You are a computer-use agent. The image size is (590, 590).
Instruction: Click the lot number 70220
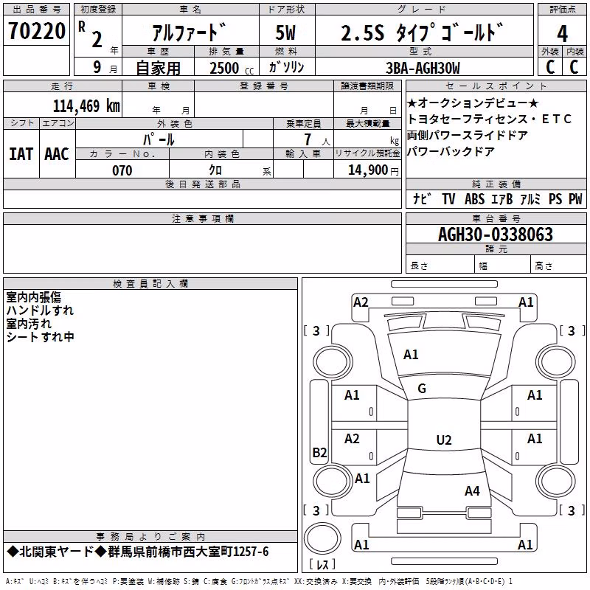37,31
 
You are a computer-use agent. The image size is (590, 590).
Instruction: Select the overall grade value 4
562,34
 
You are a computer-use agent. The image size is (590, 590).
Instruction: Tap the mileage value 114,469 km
86,106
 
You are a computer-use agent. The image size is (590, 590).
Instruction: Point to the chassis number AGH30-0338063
496,235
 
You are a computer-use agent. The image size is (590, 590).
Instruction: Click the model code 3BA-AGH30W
423,68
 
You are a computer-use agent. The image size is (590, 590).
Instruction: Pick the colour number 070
122,170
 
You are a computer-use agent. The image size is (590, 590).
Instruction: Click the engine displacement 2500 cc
232,68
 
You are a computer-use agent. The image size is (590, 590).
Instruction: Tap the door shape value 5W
285,32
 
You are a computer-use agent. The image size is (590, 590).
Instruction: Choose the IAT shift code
21,154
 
